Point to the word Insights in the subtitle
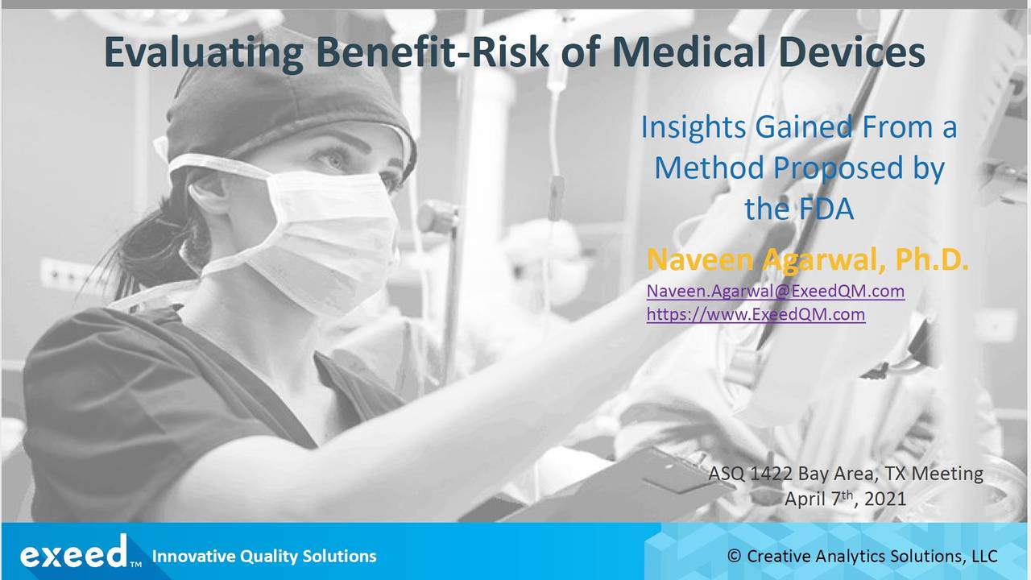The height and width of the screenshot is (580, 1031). click(x=694, y=127)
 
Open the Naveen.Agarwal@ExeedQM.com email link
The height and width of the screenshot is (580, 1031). click(x=775, y=291)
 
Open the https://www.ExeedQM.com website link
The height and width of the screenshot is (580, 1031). click(x=756, y=314)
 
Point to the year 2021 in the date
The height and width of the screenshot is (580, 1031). click(x=885, y=499)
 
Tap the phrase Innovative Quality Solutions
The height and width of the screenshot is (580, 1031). click(x=264, y=556)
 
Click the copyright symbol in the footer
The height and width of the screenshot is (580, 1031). click(x=734, y=556)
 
